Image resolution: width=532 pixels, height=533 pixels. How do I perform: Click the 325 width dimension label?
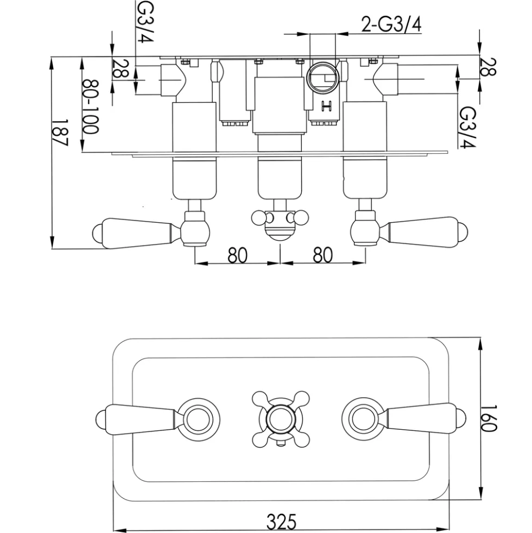pyautogui.click(x=281, y=521)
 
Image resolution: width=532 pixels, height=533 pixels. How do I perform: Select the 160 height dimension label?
pyautogui.click(x=489, y=418)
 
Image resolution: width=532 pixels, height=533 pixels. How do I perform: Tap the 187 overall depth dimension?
pyautogui.click(x=60, y=132)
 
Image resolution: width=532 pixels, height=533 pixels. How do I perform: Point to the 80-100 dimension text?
pyautogui.click(x=91, y=106)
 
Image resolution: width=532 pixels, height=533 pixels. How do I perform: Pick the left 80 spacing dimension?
pyautogui.click(x=237, y=255)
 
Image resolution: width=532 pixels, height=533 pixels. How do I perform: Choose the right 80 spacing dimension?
pyautogui.click(x=322, y=255)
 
